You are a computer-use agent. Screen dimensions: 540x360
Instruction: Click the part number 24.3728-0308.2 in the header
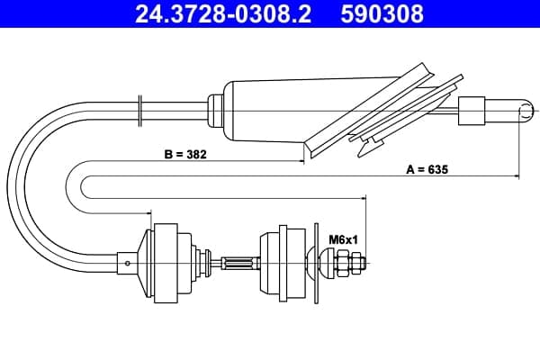click(223, 13)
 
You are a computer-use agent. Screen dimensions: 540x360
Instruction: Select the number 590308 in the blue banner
click(382, 13)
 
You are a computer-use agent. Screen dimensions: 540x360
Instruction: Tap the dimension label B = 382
click(185, 154)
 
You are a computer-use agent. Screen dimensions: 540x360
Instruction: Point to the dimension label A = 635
click(427, 169)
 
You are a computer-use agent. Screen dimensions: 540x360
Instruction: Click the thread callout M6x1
click(344, 239)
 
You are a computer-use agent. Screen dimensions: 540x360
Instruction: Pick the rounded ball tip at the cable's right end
click(526, 111)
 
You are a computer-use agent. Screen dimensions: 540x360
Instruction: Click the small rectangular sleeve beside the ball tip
click(472, 111)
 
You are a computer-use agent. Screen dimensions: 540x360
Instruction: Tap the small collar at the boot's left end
click(216, 111)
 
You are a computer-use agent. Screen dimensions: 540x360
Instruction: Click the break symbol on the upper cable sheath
click(139, 111)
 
